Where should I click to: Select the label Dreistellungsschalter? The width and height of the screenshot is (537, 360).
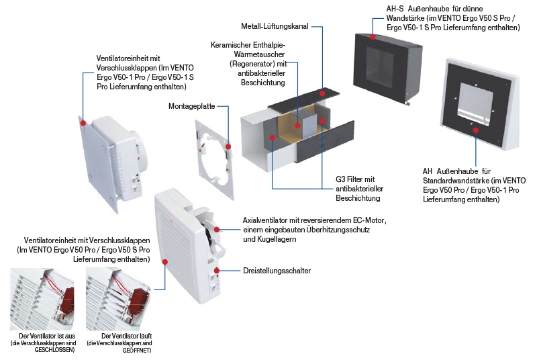[x=277, y=271]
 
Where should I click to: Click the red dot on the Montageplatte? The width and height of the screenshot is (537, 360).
[x=229, y=145]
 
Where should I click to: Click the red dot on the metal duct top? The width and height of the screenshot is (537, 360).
[x=324, y=93]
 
